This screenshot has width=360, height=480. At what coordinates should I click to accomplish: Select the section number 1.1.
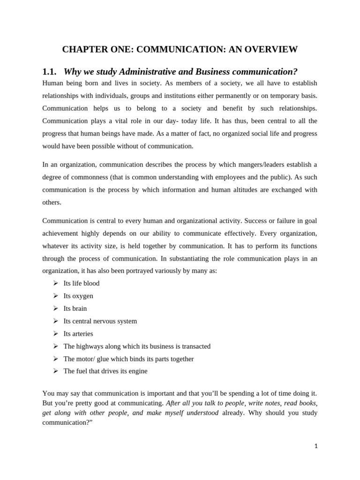pos(49,72)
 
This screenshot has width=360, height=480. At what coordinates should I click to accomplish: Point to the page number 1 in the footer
pos(316,446)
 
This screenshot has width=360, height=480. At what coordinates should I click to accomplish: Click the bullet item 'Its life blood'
pos(82,284)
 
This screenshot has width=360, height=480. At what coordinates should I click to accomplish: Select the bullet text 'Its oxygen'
pos(78,296)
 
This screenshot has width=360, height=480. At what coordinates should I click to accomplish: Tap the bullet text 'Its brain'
pos(75,308)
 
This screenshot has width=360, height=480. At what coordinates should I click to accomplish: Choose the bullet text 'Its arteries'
pos(78,334)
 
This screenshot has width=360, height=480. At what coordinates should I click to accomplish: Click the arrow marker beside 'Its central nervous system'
pos(55,321)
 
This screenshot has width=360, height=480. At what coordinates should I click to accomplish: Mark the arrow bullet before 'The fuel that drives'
pos(55,371)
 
